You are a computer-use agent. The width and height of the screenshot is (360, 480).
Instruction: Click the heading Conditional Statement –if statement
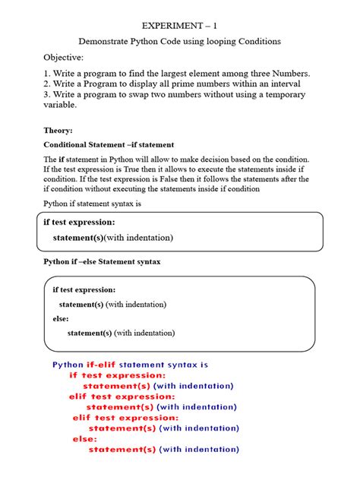pos(109,144)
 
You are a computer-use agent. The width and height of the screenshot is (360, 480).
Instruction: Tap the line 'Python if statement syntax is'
pos(93,204)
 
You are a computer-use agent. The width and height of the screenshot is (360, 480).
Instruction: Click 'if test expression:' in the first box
pos(80,223)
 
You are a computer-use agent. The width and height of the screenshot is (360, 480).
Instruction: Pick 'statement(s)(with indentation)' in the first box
pos(112,238)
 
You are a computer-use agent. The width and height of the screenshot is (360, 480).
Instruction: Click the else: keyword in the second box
pos(61,318)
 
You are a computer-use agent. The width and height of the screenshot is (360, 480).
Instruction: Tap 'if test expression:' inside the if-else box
pos(84,289)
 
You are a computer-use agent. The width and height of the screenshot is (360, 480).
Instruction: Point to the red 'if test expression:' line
pos(117,375)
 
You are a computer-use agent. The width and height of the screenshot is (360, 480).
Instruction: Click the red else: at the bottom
pos(84,439)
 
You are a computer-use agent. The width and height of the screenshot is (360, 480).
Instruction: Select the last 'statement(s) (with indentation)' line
pos(163,450)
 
